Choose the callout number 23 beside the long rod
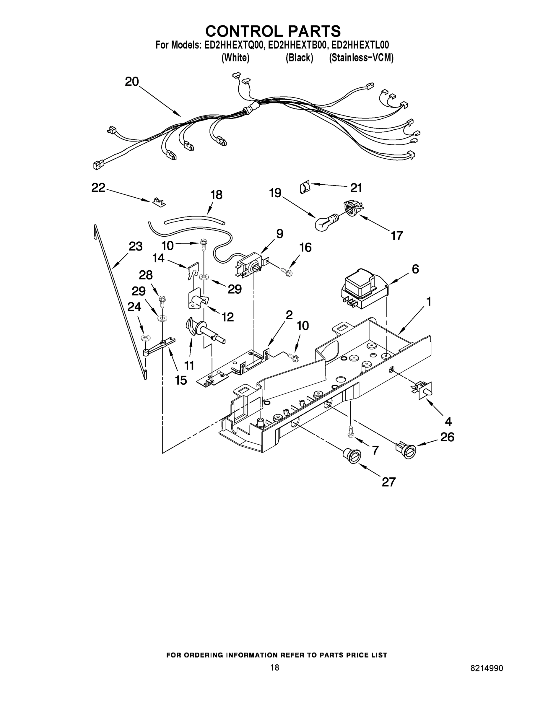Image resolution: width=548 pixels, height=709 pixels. (x=135, y=246)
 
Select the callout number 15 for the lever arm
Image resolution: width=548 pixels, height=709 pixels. (x=181, y=380)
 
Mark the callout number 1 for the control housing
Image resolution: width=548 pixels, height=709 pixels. (x=429, y=302)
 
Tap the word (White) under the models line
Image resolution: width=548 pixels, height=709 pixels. (x=235, y=58)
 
